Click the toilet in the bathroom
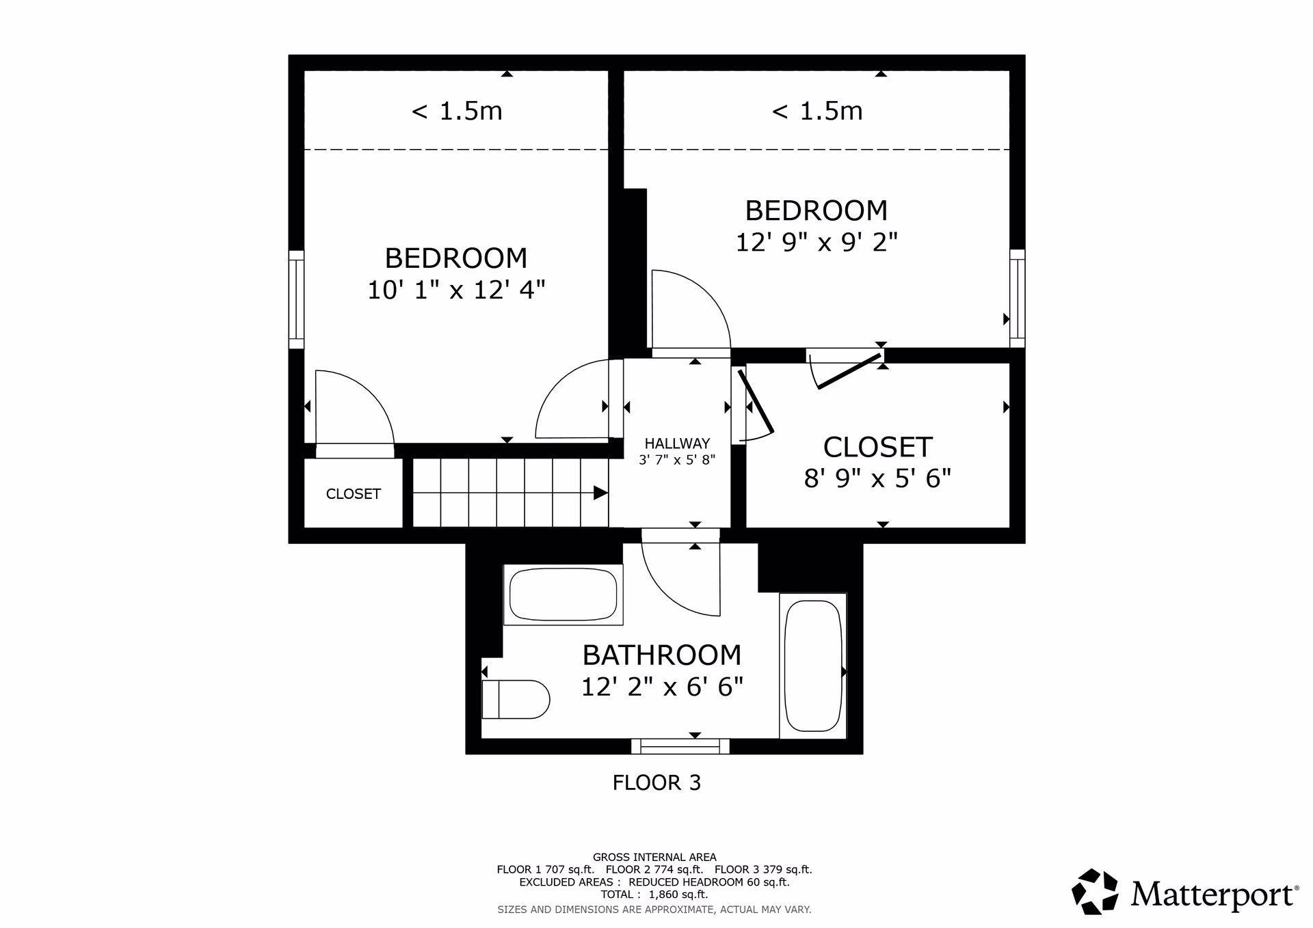(x=516, y=699)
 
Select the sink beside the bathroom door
(x=563, y=595)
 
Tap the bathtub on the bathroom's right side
(x=813, y=666)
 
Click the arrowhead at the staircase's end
(x=600, y=493)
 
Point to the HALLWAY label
(x=677, y=443)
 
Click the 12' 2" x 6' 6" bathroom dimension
(x=662, y=686)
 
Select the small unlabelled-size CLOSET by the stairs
(x=353, y=493)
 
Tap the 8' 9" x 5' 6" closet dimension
(x=877, y=478)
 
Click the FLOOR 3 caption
(x=656, y=782)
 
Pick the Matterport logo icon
(x=1095, y=892)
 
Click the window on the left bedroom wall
(x=296, y=300)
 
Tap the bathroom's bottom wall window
(x=680, y=746)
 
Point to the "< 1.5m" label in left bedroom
(x=456, y=111)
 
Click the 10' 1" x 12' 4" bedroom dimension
(x=456, y=290)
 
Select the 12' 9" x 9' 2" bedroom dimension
(x=817, y=243)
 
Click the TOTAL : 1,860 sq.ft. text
(x=654, y=895)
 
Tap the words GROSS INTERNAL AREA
(x=654, y=857)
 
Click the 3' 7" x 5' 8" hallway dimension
(x=677, y=460)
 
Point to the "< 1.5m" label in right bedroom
(x=817, y=111)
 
